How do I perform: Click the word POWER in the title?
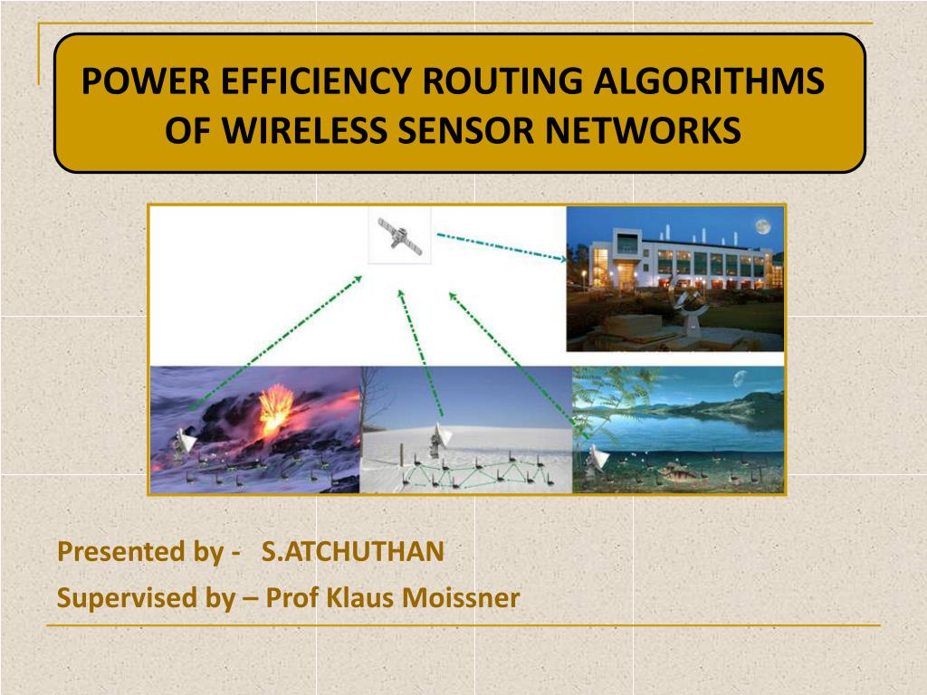tap(146, 81)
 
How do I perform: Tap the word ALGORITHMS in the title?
tap(708, 81)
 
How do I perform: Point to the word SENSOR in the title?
tap(466, 130)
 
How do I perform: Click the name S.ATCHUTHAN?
tap(353, 551)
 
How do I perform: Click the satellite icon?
tap(400, 236)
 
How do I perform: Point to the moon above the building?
tap(762, 226)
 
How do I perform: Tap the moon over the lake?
tap(739, 378)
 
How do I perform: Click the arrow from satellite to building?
tap(502, 246)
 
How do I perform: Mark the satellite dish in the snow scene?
tap(440, 439)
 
